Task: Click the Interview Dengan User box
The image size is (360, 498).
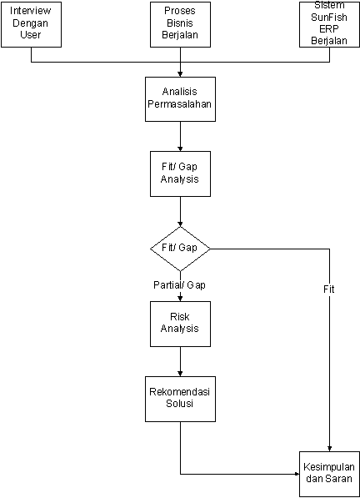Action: click(x=31, y=25)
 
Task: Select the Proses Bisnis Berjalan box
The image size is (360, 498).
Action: click(x=180, y=25)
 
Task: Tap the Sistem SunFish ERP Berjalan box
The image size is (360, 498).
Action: click(x=329, y=25)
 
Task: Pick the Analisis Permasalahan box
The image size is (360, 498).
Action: click(x=180, y=99)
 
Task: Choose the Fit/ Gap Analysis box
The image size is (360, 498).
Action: click(x=180, y=174)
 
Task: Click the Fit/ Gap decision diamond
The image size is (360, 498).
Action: click(x=180, y=249)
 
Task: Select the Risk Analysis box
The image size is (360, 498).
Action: click(x=180, y=324)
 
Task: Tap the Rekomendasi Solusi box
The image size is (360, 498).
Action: click(x=180, y=400)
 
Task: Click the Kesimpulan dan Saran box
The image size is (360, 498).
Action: click(x=329, y=474)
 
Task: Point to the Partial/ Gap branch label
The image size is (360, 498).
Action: click(x=179, y=285)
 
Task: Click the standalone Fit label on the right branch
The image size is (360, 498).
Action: click(x=329, y=289)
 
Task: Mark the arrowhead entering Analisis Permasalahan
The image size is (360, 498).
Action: click(x=180, y=74)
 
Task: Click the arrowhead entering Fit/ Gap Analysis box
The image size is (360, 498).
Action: click(x=180, y=149)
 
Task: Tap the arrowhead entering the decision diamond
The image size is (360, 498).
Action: click(x=180, y=224)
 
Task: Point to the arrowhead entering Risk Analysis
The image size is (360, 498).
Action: click(x=180, y=299)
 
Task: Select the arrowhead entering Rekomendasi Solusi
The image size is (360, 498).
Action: click(x=180, y=375)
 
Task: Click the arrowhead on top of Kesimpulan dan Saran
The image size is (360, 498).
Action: click(x=329, y=449)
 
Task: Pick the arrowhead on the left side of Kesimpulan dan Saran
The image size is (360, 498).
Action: click(x=297, y=474)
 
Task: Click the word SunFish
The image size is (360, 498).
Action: click(x=329, y=18)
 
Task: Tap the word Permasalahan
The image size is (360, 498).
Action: click(x=179, y=104)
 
